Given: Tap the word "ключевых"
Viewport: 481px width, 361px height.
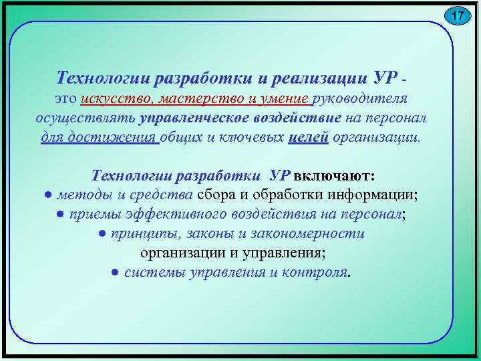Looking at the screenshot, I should click(254, 138).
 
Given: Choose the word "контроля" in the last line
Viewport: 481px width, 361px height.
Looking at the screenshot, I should click(318, 273).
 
